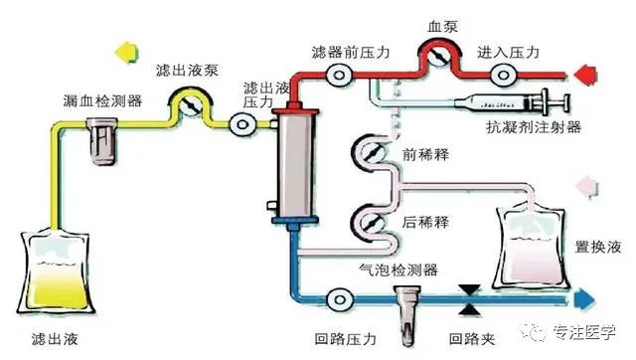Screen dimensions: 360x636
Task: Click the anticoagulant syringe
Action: pos(507,101)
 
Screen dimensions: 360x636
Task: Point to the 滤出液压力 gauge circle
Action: pos(239,125)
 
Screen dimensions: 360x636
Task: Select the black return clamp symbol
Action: pos(465,296)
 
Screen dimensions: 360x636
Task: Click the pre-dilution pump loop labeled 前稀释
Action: pos(368,153)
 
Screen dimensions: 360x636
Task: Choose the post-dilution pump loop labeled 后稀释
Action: pos(368,222)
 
